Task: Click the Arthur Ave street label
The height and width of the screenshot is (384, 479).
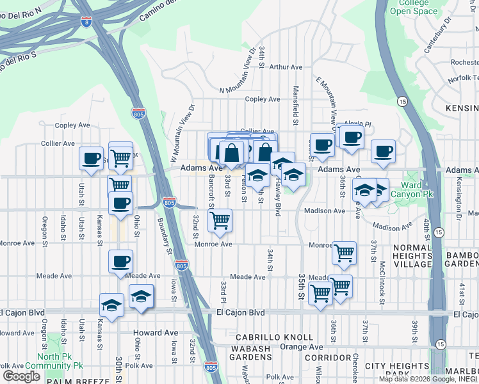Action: pyautogui.click(x=286, y=67)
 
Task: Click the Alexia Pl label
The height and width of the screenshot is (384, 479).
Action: pyautogui.click(x=357, y=124)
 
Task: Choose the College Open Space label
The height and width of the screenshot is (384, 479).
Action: pyautogui.click(x=414, y=7)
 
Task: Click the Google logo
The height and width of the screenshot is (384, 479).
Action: pyautogui.click(x=21, y=376)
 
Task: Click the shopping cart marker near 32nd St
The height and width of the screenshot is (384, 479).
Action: pyautogui.click(x=220, y=221)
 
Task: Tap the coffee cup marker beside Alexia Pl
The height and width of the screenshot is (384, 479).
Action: pyautogui.click(x=351, y=138)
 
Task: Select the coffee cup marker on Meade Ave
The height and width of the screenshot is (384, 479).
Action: pyautogui.click(x=120, y=262)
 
